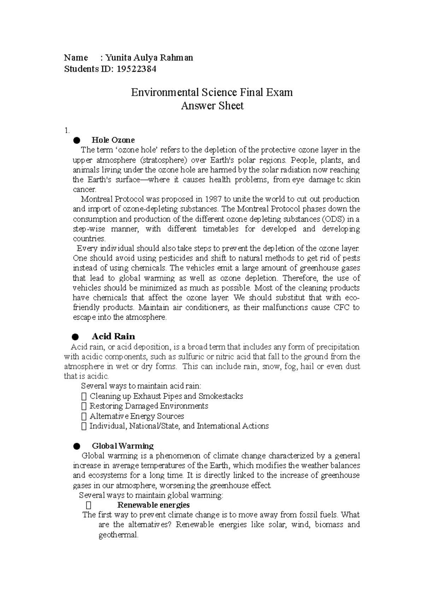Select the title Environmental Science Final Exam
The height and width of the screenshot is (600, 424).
pyautogui.click(x=212, y=93)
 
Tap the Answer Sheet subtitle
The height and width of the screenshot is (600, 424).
pyautogui.click(x=212, y=106)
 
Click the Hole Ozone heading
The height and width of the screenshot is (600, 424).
pyautogui.click(x=113, y=140)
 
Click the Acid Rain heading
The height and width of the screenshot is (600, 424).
pyautogui.click(x=113, y=336)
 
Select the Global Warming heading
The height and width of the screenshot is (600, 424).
pyautogui.click(x=123, y=446)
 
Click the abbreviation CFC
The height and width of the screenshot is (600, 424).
pyautogui.click(x=342, y=307)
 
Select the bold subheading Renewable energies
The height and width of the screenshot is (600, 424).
pyautogui.click(x=153, y=505)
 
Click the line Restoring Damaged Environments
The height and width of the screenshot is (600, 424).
pyautogui.click(x=148, y=406)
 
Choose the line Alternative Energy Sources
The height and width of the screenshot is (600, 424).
pyautogui.click(x=136, y=416)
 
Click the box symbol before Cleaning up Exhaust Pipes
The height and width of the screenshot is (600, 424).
pyautogui.click(x=84, y=396)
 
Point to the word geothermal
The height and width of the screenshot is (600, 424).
pyautogui.click(x=118, y=535)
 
